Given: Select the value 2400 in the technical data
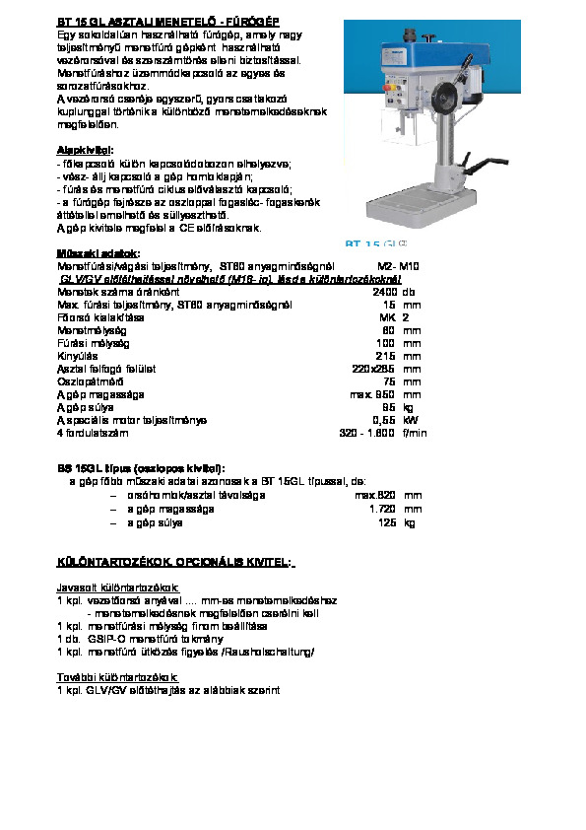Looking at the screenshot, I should [385, 292].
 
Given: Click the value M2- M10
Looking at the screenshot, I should [399, 266].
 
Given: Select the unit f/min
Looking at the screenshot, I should [414, 433].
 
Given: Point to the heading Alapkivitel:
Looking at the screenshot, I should [85, 150].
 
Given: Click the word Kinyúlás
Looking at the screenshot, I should [76, 356].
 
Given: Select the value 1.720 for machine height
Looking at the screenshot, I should [382, 510].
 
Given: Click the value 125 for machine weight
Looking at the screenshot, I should [386, 522].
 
